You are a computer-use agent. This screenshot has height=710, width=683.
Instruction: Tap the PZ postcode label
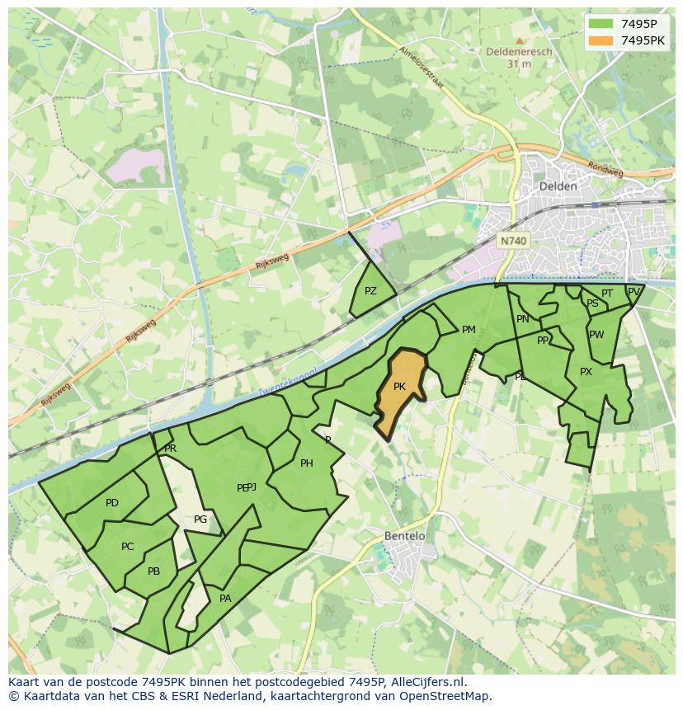coord(370,291)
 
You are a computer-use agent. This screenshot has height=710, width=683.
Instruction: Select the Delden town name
coord(557,186)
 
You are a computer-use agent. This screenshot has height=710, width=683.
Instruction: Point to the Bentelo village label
coord(405,536)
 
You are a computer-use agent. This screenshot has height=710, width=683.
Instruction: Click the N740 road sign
coord(513,241)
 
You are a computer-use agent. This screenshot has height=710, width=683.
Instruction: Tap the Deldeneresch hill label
coord(519,50)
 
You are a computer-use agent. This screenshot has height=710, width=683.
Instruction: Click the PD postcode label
coord(112,503)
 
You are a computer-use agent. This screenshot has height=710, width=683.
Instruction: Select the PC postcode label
coord(127,547)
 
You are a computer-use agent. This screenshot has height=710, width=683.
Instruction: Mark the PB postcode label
coord(153,571)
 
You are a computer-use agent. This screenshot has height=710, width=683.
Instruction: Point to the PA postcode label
coord(225,599)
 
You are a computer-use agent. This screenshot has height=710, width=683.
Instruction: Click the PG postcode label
coord(200,520)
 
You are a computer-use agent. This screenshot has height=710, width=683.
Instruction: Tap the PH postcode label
coord(307,463)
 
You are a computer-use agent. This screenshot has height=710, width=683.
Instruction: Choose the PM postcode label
coord(469,330)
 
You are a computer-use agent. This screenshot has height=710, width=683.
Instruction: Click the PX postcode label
coord(586,372)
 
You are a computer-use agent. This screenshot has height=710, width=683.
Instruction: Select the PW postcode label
coord(596,335)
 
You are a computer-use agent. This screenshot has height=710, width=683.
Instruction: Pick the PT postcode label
coord(607,294)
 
